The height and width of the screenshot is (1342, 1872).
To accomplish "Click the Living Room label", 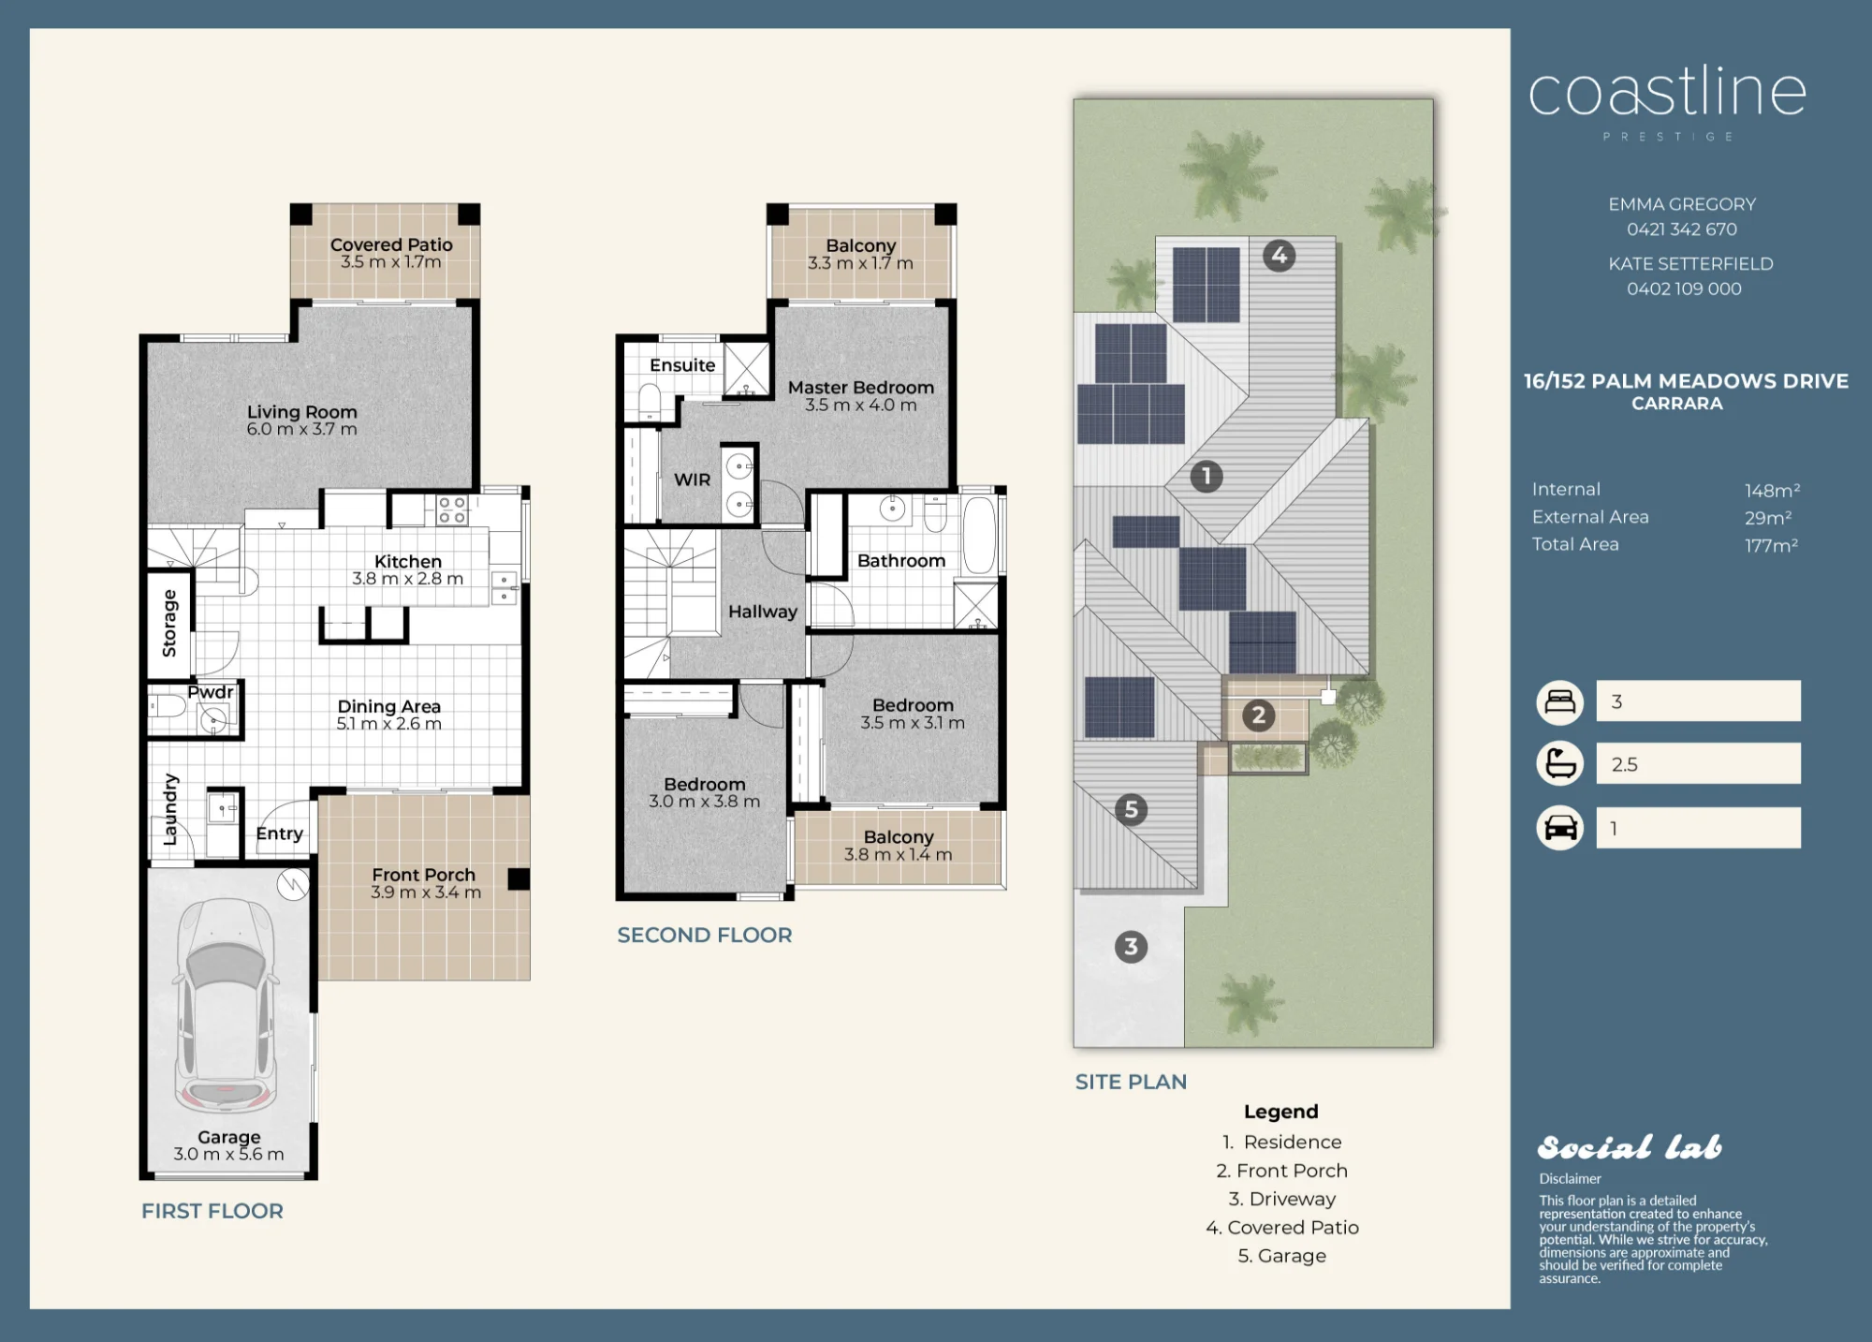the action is (302, 412).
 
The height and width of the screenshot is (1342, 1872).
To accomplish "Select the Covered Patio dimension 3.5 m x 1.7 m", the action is (391, 262).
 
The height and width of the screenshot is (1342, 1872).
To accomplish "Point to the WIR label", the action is (693, 479).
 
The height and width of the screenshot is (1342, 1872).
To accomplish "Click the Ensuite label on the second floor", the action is (682, 365).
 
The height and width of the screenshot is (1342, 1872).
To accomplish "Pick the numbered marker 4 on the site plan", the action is (1280, 255).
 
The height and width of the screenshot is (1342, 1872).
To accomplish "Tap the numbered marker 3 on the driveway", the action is (1131, 947).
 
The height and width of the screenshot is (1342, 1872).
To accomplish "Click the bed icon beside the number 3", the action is (1559, 701).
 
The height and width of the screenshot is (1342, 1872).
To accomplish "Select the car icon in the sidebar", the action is (1559, 828).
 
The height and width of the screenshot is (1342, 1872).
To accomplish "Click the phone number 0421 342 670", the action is (1682, 229).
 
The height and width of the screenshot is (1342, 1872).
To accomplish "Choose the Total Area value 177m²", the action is (1772, 545).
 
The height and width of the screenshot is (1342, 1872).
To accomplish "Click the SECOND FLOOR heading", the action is (705, 935).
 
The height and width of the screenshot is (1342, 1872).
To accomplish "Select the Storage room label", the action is (169, 623).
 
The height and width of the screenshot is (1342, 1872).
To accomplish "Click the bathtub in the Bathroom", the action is (979, 535).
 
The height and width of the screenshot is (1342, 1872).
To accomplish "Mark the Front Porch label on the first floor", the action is (424, 875).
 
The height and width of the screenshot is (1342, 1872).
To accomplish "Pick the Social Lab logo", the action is (1630, 1147).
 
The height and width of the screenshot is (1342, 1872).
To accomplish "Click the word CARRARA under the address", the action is (1677, 404).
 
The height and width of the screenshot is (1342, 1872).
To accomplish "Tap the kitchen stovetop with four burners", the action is (452, 510).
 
